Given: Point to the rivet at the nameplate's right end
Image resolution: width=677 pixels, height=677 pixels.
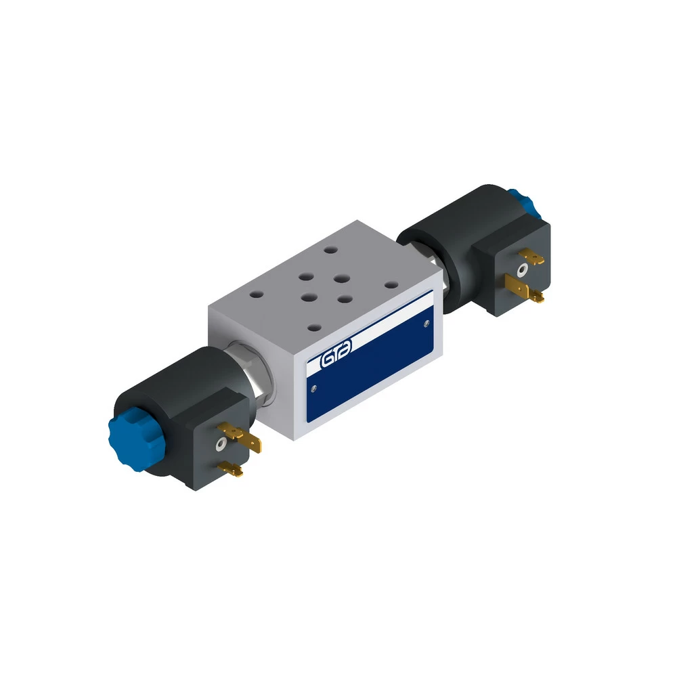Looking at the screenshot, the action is [x=427, y=323].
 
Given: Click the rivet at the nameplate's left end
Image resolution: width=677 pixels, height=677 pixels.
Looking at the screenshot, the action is [x=313, y=389].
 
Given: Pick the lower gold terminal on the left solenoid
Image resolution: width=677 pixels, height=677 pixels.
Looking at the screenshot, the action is [x=231, y=468].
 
